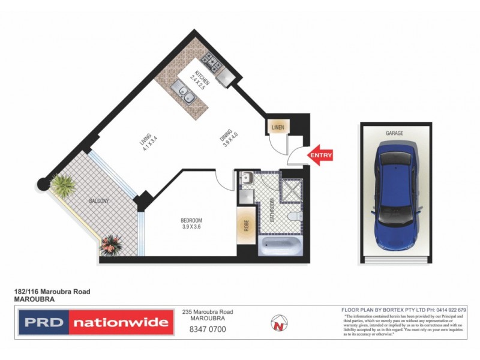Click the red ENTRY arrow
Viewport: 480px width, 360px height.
click(x=319, y=155)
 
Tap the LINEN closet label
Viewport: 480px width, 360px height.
click(x=278, y=128)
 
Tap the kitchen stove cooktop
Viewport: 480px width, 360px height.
click(x=211, y=60)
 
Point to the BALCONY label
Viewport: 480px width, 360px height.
click(x=100, y=201)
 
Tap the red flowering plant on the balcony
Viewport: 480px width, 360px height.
click(x=112, y=244)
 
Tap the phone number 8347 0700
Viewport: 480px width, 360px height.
click(x=208, y=329)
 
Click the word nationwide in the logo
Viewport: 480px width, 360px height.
click(x=120, y=323)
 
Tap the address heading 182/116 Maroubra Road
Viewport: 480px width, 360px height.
click(x=52, y=292)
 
